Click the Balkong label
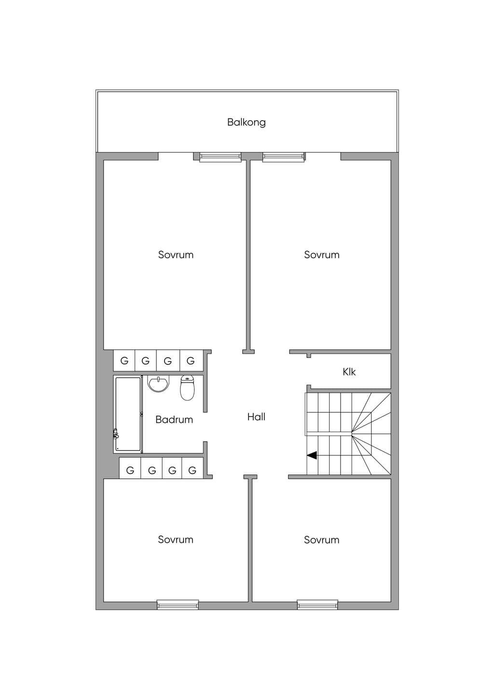(x=247, y=122)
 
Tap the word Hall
(x=256, y=417)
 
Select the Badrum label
(x=174, y=419)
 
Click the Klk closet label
(x=349, y=372)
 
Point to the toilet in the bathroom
(x=188, y=388)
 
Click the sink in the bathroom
(x=159, y=383)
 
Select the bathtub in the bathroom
(x=128, y=414)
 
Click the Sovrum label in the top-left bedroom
(x=176, y=254)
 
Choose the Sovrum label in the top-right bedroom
(x=322, y=254)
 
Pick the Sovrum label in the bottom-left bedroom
(x=176, y=540)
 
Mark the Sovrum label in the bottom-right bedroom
(x=322, y=540)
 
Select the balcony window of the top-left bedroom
(x=220, y=157)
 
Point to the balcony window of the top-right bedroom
(x=284, y=157)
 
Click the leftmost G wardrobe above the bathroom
(x=124, y=361)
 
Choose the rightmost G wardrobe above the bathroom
(x=191, y=361)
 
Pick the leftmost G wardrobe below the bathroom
(x=130, y=470)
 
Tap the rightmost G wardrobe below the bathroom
(x=192, y=470)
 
